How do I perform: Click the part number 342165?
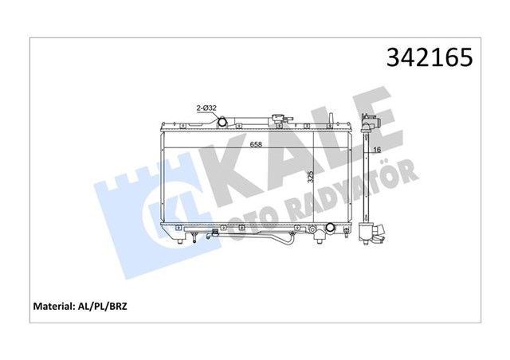(430, 58)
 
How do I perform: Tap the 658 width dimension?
(256, 144)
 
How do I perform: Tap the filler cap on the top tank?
(280, 120)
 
